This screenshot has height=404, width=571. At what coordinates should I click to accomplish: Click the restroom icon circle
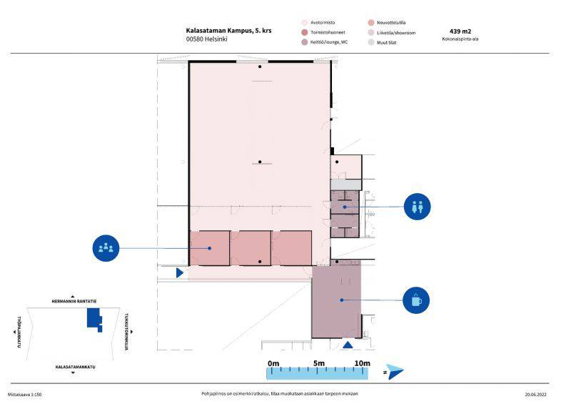[x=417, y=207]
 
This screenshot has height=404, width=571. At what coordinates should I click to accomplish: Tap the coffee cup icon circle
[x=416, y=300]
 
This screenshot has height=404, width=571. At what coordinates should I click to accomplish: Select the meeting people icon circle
[x=106, y=248]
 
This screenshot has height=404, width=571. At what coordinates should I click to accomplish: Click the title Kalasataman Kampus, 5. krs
[x=228, y=31]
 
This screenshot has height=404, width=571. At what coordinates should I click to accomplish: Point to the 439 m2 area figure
[x=460, y=31]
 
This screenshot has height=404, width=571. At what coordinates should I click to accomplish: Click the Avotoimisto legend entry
[x=318, y=23]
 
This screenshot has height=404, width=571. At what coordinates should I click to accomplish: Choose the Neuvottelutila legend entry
[x=387, y=23]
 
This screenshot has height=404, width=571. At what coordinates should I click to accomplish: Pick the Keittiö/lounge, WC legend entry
[x=325, y=42]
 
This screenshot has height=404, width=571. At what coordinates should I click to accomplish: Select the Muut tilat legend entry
[x=383, y=43]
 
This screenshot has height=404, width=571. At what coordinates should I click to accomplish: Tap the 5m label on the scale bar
[x=318, y=363]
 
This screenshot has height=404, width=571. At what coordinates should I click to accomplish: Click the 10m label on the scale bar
[x=363, y=363]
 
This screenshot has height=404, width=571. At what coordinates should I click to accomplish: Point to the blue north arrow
[x=395, y=372]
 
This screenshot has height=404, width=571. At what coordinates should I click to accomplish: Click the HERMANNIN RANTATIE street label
[x=74, y=302]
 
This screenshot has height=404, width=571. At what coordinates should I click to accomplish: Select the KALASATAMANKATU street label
[x=76, y=367]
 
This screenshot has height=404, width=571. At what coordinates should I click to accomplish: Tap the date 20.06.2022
[x=536, y=395]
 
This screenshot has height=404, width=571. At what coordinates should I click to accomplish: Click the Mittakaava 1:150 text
[x=25, y=395]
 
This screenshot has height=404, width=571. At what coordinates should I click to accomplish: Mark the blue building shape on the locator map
[x=94, y=318]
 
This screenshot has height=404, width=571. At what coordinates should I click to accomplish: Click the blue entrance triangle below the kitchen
[x=348, y=345]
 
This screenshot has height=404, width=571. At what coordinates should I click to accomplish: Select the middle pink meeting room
[x=251, y=248]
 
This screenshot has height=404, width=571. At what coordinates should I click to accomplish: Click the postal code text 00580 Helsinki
[x=207, y=39]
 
